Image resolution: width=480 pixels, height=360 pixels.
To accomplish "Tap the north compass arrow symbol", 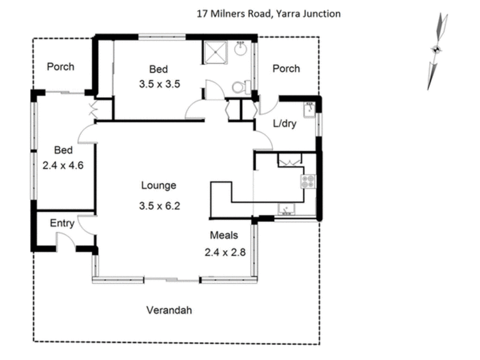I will point(436,50).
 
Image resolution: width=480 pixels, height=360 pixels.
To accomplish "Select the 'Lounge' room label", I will point(158,185).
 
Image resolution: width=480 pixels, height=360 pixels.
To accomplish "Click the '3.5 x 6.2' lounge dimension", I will point(158,206).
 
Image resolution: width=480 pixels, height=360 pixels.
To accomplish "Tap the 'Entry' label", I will point(62,223).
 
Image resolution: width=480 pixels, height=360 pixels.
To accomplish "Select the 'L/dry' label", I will point(286,124).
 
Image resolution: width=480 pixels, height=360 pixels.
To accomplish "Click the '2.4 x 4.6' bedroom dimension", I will point(62,163).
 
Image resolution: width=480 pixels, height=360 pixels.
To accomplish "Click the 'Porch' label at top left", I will point(61,67).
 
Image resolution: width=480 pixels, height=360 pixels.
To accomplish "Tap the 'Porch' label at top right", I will point(286,68).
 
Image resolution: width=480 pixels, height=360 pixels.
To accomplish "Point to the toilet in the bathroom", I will point(238,87).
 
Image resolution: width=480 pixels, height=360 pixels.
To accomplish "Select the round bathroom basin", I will point(242,48).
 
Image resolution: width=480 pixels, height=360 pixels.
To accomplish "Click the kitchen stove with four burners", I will point(308,181).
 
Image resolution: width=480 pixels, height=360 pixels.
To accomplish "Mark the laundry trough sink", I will point(309,110).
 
